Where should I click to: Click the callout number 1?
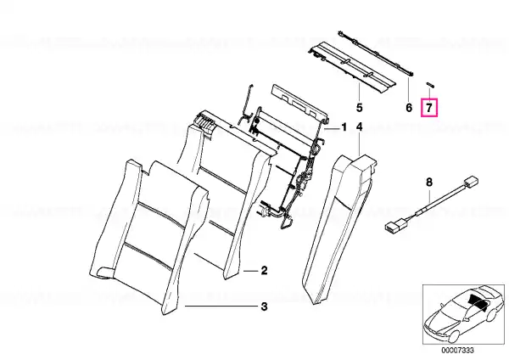(x=344, y=127)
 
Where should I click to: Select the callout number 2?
(x=264, y=270)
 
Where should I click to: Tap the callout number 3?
(x=264, y=307)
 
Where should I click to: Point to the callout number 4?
(x=360, y=127)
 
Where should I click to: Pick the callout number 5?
(x=359, y=108)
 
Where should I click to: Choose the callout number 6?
(x=409, y=108)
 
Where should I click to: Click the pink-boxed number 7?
(x=429, y=108)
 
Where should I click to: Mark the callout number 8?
(x=429, y=183)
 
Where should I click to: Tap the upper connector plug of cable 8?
(x=472, y=181)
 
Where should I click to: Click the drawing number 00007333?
(x=457, y=351)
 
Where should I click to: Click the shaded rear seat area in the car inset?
(x=477, y=302)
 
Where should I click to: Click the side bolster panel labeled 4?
(x=338, y=228)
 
